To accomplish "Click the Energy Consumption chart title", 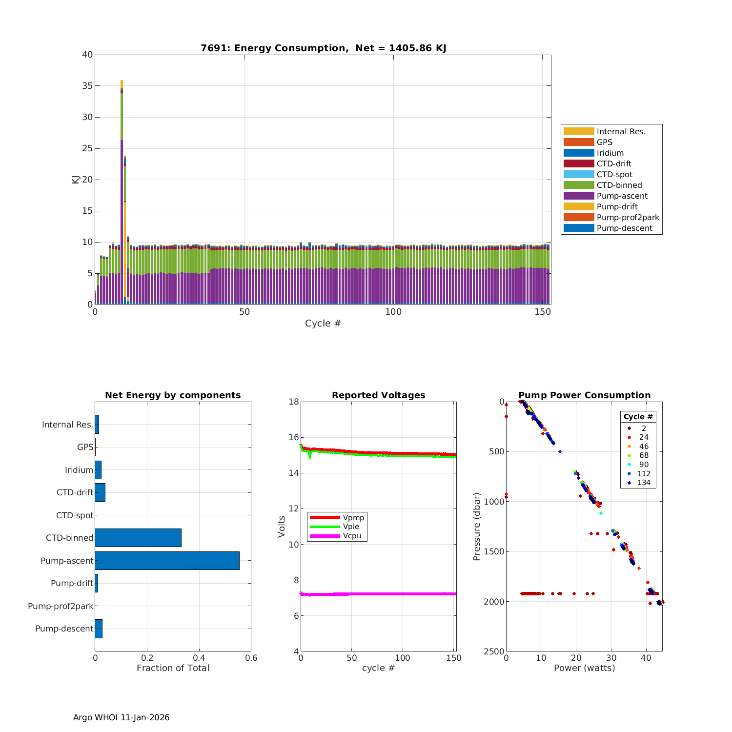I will pyautogui.click(x=323, y=48).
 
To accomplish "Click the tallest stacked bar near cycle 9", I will pyautogui.click(x=122, y=195).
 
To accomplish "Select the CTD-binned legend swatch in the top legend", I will pyautogui.click(x=579, y=185).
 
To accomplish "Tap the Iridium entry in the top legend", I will pyautogui.click(x=610, y=153).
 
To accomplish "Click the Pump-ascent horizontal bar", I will pyautogui.click(x=167, y=561).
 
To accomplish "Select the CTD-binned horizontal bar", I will pyautogui.click(x=138, y=538).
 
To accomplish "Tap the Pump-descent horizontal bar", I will pyautogui.click(x=99, y=629).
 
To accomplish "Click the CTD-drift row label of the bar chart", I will pyautogui.click(x=75, y=492).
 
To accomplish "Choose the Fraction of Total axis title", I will pyautogui.click(x=173, y=668).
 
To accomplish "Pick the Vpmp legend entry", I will pyautogui.click(x=353, y=517).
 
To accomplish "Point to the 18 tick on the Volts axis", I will pyautogui.click(x=293, y=402).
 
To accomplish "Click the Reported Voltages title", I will pyautogui.click(x=378, y=395).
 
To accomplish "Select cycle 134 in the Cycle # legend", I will pyautogui.click(x=644, y=483).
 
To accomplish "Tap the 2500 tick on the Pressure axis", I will pyautogui.click(x=495, y=651).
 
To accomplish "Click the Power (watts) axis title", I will pyautogui.click(x=584, y=668).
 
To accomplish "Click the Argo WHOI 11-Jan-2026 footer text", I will pyautogui.click(x=121, y=717).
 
